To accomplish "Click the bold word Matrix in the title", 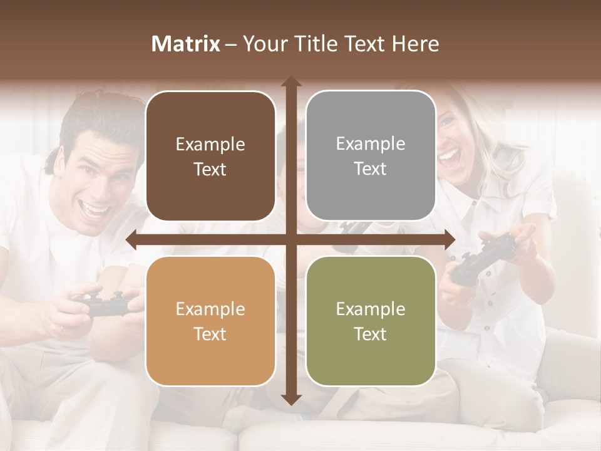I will pyautogui.click(x=186, y=44).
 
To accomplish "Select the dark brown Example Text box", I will pyautogui.click(x=210, y=157).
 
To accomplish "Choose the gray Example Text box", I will pyautogui.click(x=371, y=156).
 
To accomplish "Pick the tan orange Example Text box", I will pyautogui.click(x=210, y=321).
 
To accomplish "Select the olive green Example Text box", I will pyautogui.click(x=371, y=321).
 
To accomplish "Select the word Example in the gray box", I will pyautogui.click(x=371, y=144).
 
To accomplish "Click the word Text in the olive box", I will pyautogui.click(x=371, y=334).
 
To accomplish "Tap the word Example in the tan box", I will pyautogui.click(x=210, y=309).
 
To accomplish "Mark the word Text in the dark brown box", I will pyautogui.click(x=210, y=169).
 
